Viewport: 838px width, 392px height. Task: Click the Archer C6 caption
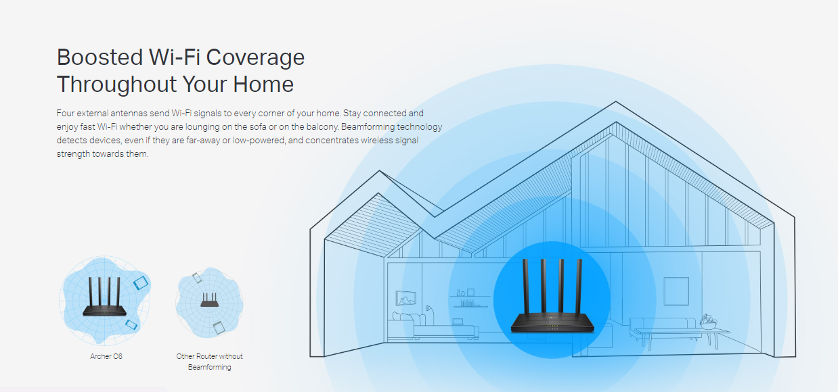106,356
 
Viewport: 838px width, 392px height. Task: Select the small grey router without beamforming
208,301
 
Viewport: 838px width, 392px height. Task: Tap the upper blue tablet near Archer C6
141,282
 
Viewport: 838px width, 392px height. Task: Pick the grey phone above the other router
196,277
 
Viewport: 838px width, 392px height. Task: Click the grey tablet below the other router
218,327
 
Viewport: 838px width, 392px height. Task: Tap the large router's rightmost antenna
579,287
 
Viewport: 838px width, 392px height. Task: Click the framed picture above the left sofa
405,298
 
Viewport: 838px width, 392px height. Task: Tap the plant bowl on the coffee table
709,324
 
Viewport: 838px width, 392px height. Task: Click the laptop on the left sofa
458,322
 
